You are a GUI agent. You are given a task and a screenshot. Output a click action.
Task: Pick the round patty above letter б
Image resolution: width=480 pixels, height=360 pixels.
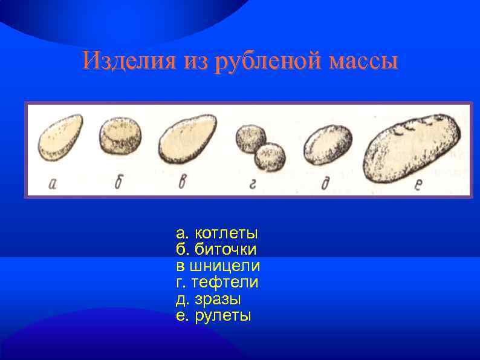[x=121, y=136]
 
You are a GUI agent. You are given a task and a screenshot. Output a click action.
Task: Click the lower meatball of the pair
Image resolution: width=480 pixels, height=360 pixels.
[x=270, y=156]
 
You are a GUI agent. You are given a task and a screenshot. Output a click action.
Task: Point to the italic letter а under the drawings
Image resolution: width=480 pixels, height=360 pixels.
[x=53, y=184]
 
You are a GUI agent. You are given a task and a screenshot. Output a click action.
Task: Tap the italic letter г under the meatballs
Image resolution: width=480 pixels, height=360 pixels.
[x=252, y=184]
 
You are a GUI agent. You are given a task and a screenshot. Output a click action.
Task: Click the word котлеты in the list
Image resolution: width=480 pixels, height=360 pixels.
[x=225, y=233]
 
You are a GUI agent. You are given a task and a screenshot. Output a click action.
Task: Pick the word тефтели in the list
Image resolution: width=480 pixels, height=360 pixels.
[x=224, y=282]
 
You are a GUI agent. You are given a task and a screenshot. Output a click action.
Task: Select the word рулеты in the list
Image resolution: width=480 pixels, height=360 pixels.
[x=222, y=315]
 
